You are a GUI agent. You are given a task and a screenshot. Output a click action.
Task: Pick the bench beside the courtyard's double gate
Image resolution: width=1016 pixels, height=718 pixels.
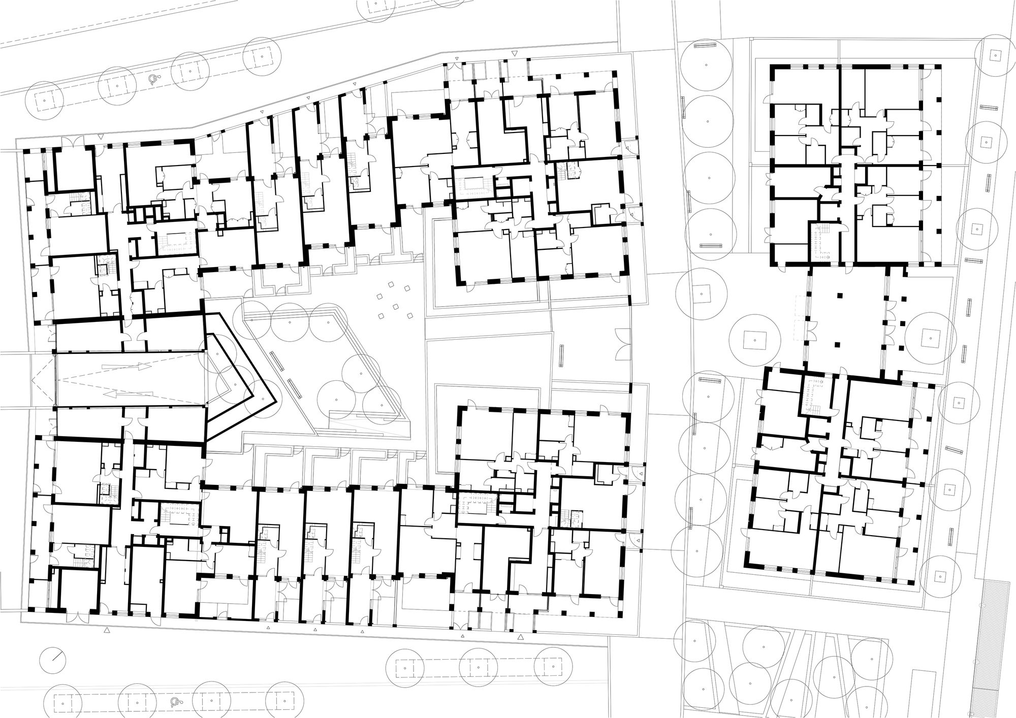coord(562,355)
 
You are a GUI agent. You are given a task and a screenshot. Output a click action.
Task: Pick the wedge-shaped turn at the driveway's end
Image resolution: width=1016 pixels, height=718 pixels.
coord(239,376)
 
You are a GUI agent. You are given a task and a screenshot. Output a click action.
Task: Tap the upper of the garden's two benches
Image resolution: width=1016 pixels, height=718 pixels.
coord(277,362)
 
